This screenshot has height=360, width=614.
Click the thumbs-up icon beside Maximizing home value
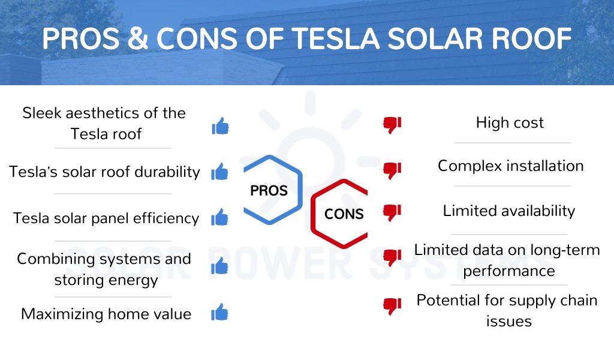tap(219, 312)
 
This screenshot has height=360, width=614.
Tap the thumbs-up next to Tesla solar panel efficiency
tap(219, 217)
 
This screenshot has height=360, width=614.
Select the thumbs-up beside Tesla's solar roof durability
tap(219, 172)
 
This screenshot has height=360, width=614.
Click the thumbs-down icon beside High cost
tap(392, 125)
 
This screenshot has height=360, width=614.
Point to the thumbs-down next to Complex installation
tap(392, 170)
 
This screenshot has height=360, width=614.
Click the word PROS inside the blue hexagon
tap(269, 191)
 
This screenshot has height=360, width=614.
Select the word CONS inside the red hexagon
tap(344, 214)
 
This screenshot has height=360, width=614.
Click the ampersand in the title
tap(138, 38)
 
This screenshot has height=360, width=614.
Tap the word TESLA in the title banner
tap(336, 38)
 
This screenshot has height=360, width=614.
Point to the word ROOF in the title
tap(532, 38)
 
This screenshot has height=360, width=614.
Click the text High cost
tap(510, 122)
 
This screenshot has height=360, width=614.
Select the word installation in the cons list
tap(546, 166)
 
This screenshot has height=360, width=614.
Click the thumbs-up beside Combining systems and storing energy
tap(219, 266)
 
